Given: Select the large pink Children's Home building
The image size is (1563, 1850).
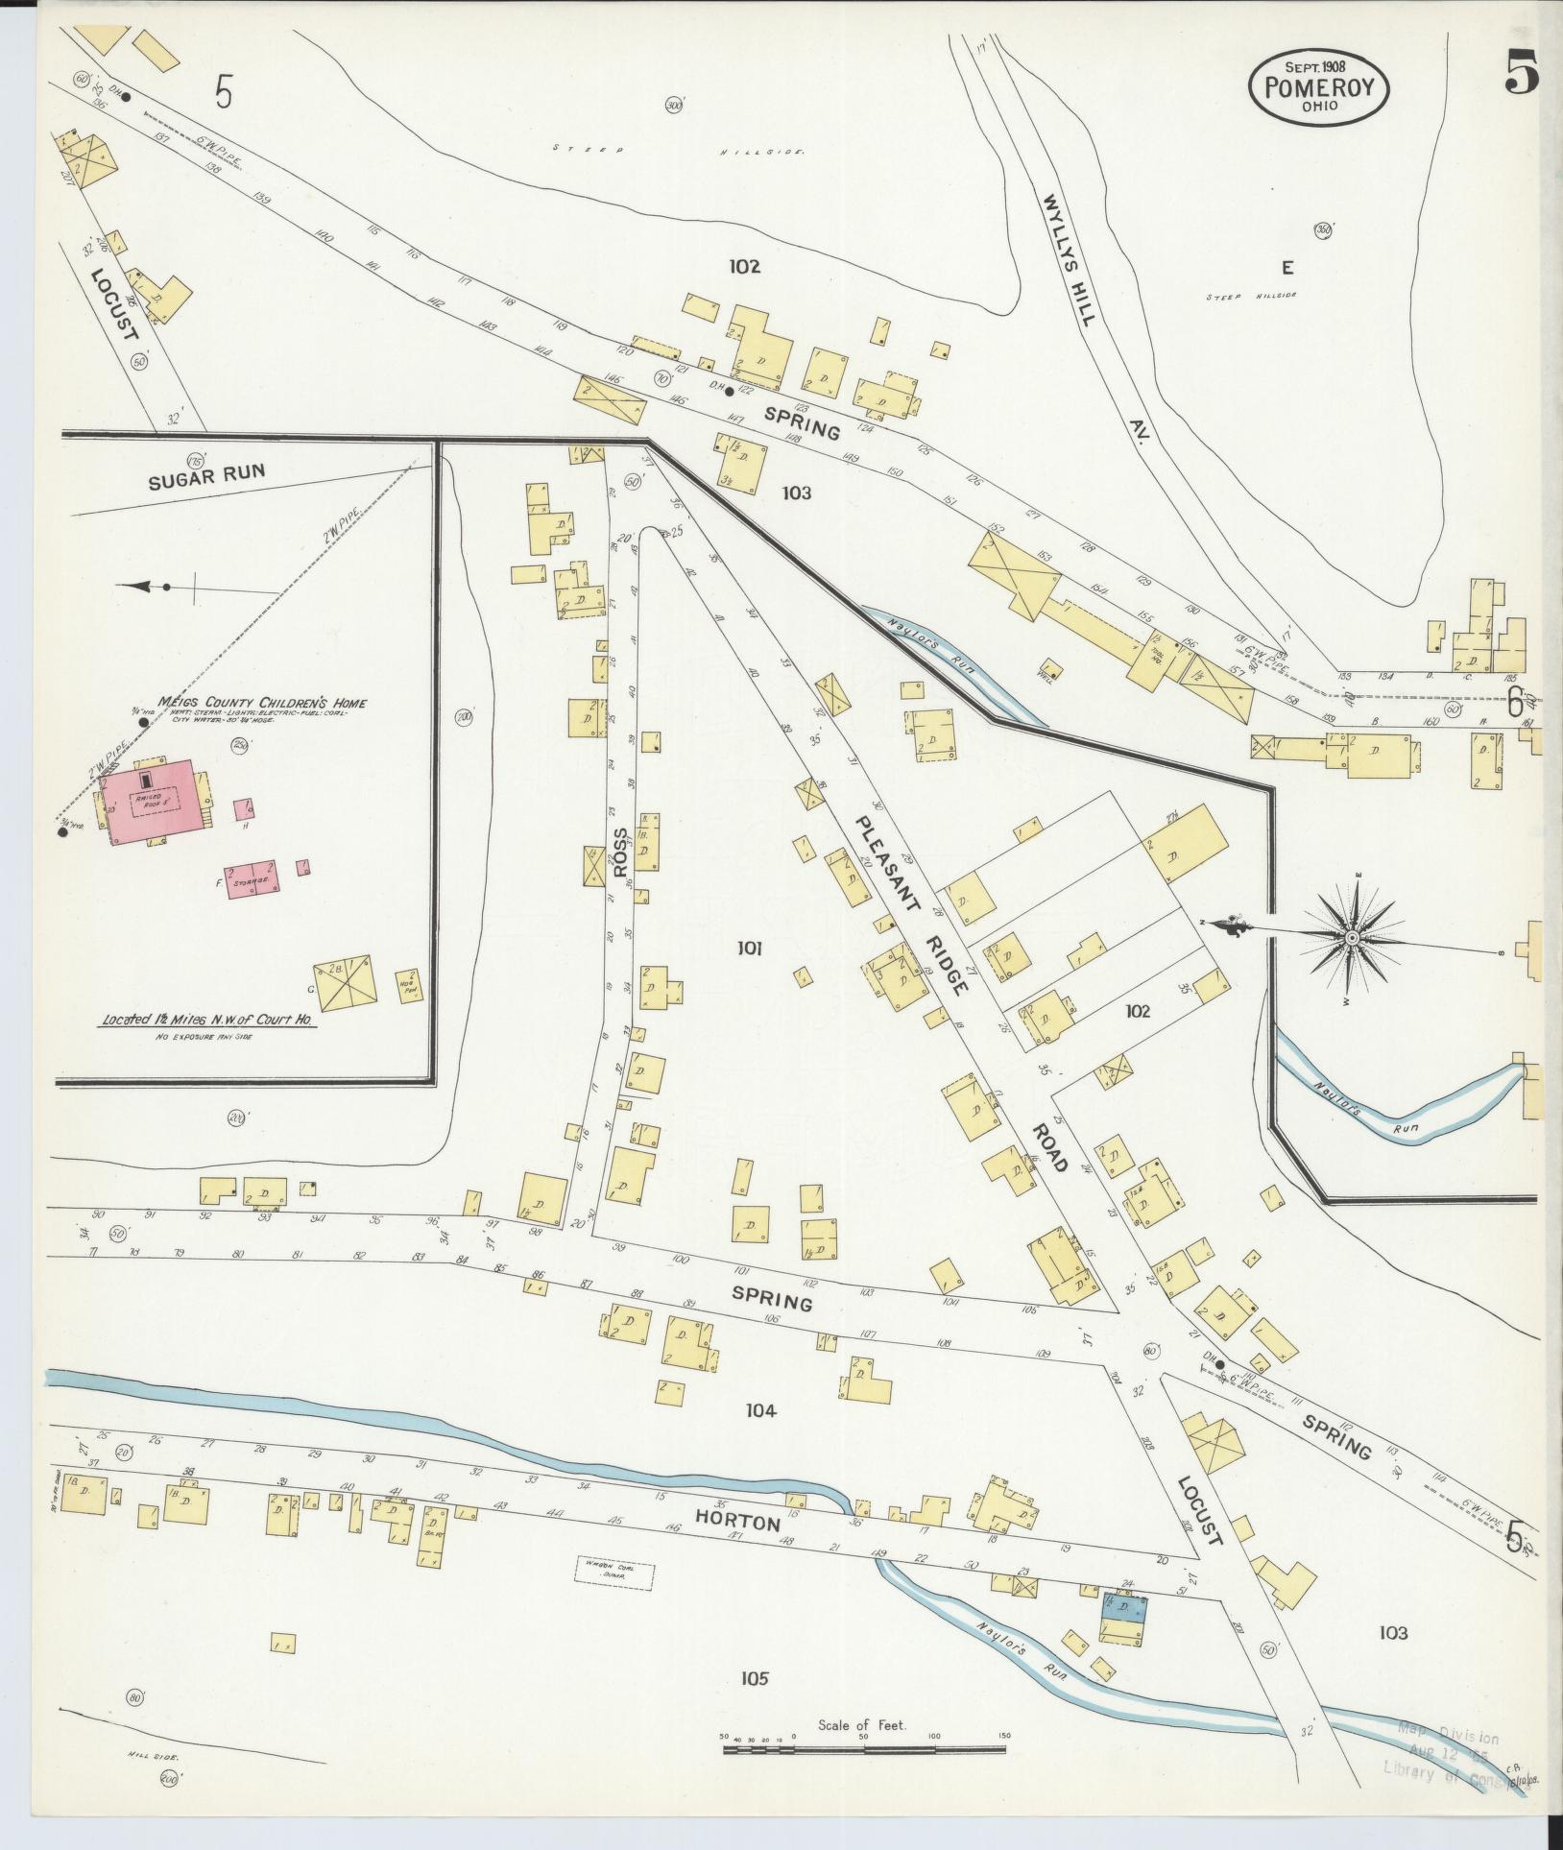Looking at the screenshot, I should pyautogui.click(x=158, y=801).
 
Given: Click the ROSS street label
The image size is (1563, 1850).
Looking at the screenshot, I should pyautogui.click(x=620, y=853).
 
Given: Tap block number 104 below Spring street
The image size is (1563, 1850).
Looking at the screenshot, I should pyautogui.click(x=759, y=1411).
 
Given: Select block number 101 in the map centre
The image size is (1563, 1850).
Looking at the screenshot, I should pyautogui.click(x=749, y=949).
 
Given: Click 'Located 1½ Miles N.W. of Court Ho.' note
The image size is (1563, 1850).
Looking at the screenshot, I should pyautogui.click(x=208, y=1022).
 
